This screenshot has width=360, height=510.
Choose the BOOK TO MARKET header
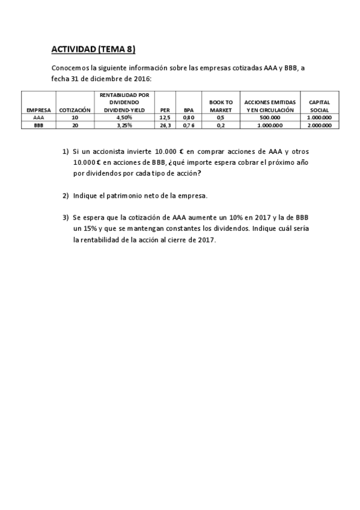pyautogui.click(x=221, y=106)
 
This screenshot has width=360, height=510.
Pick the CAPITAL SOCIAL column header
pyautogui.click(x=319, y=106)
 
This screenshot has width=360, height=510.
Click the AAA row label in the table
pyautogui.click(x=38, y=118)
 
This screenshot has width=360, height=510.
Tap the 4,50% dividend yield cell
pyautogui.click(x=124, y=118)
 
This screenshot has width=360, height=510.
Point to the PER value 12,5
pyautogui.click(x=165, y=118)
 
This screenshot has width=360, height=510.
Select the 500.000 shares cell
pyautogui.click(x=270, y=118)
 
